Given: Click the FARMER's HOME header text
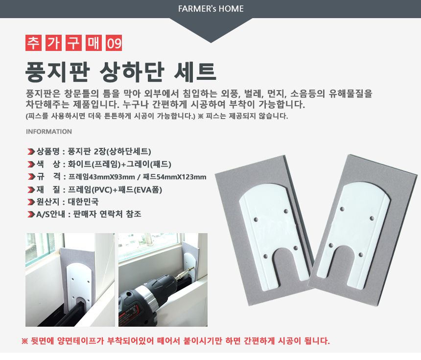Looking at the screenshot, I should point(211,9).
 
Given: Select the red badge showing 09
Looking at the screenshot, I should point(114,44).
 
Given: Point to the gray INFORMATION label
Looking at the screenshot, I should point(49,132).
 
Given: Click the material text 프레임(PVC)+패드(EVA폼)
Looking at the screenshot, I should point(115,190).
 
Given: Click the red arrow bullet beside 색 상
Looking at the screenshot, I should point(31,164).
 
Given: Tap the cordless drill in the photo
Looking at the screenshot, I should point(147,299).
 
